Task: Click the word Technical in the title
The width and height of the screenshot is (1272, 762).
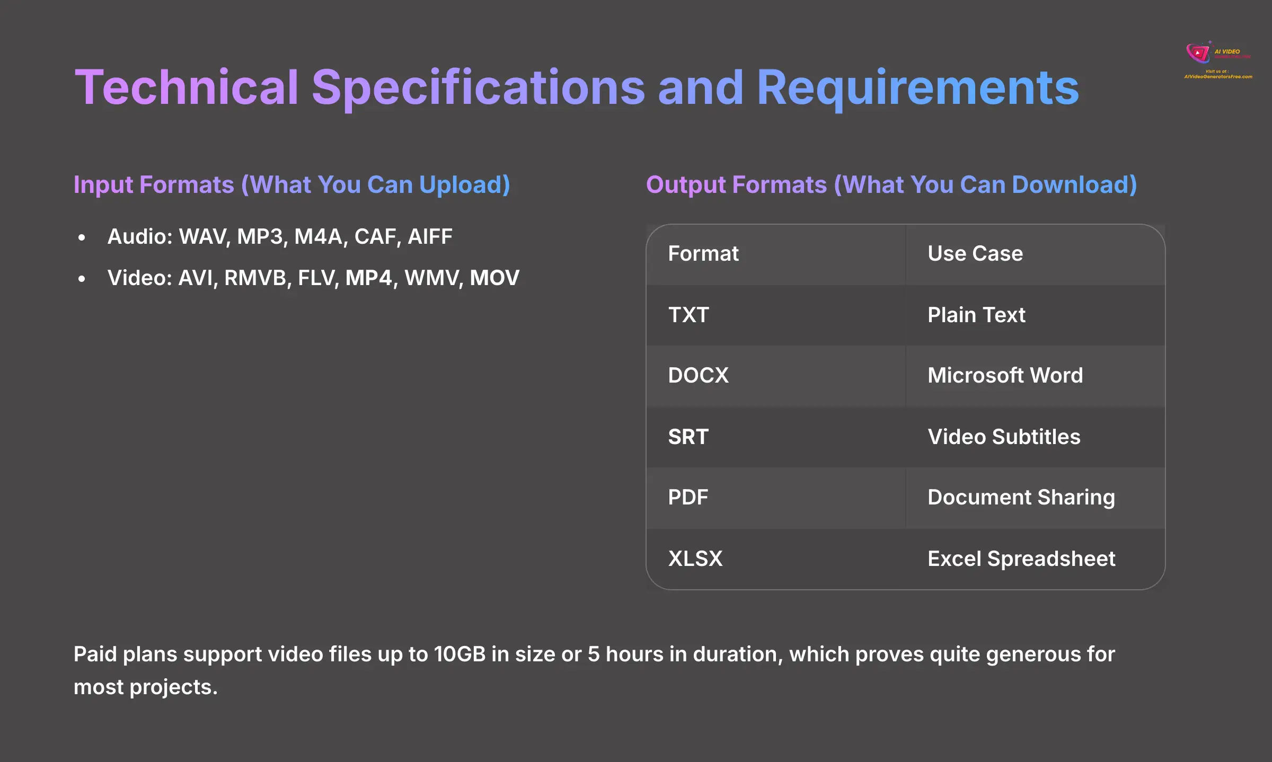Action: (187, 87)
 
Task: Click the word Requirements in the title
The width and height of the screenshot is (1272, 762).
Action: (917, 87)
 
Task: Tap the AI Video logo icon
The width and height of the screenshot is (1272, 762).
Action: (1198, 53)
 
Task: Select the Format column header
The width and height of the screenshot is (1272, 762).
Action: (703, 254)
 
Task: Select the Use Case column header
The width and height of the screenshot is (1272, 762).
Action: (975, 254)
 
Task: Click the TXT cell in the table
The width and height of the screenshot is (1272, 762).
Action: (688, 315)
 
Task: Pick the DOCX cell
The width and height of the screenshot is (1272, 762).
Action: (698, 376)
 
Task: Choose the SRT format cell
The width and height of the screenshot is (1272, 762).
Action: (688, 437)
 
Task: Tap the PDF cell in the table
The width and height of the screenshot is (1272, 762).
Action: (687, 498)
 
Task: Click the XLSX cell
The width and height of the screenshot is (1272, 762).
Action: (695, 559)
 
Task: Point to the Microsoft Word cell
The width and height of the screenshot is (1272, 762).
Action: (1005, 376)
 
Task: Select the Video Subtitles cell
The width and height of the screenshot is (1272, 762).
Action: (1003, 437)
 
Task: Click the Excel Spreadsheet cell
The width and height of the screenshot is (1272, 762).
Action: (1021, 559)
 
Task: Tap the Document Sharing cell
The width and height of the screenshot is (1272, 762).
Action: (1021, 498)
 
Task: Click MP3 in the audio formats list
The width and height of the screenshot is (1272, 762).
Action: (260, 237)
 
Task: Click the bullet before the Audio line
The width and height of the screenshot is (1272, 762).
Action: (82, 238)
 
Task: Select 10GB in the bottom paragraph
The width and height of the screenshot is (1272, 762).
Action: (460, 654)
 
